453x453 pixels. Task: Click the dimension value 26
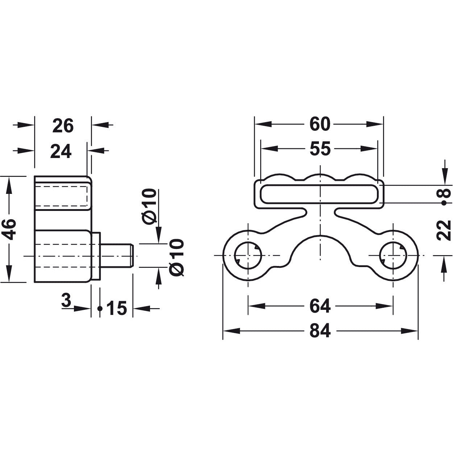click(x=63, y=126)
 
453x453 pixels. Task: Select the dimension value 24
click(x=61, y=151)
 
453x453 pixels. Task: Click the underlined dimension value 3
click(x=66, y=300)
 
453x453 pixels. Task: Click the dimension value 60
click(x=320, y=124)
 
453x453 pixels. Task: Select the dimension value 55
click(x=320, y=149)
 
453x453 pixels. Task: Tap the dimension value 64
click(x=320, y=307)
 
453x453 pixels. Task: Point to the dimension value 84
click(x=320, y=331)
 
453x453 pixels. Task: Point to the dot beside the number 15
click(x=100, y=308)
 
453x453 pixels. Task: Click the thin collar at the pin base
click(x=96, y=256)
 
